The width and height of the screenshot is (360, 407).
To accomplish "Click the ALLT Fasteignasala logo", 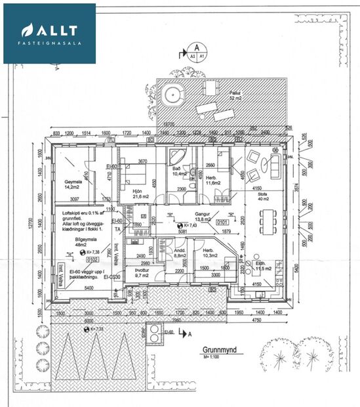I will (x=49, y=33).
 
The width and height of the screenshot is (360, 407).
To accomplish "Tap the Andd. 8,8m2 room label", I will (x=180, y=253).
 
